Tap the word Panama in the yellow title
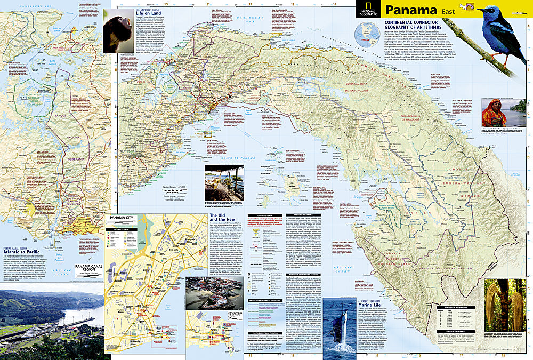coord(407,10)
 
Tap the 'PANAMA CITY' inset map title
coord(120,218)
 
